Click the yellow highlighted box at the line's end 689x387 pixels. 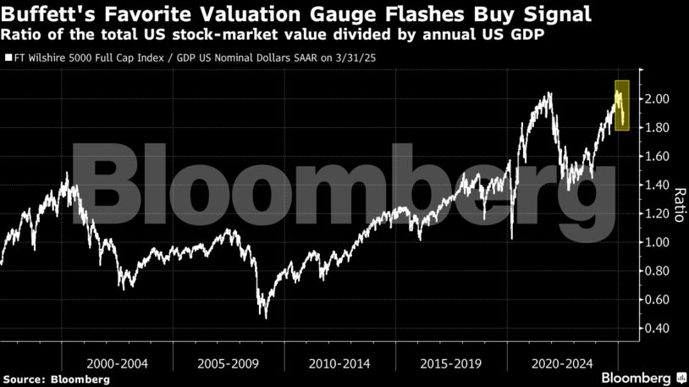622,106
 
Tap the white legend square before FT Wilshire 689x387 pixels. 8,59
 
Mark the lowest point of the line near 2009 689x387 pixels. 267,318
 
